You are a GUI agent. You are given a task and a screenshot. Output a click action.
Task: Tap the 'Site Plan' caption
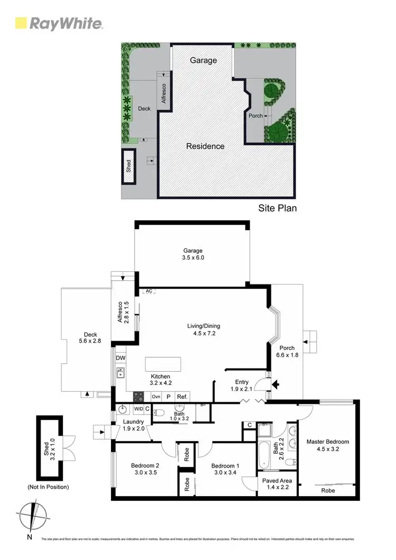[277, 208]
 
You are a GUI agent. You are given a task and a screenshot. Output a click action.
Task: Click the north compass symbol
[33, 515]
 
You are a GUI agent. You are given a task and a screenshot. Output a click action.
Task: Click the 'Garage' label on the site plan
[204, 60]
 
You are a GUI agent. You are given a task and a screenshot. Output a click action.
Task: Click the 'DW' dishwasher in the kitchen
[120, 358]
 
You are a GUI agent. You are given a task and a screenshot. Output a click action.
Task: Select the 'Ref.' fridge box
[182, 396]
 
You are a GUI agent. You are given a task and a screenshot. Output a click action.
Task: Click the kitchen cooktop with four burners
[139, 396]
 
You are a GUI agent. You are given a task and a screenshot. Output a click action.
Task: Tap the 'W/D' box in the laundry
[138, 409]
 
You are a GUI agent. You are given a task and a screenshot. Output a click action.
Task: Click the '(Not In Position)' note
[48, 487]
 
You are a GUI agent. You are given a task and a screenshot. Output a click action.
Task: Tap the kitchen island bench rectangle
[163, 364]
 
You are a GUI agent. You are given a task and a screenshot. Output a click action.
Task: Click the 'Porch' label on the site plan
[256, 116]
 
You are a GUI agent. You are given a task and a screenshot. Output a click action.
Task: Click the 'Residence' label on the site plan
[205, 146]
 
